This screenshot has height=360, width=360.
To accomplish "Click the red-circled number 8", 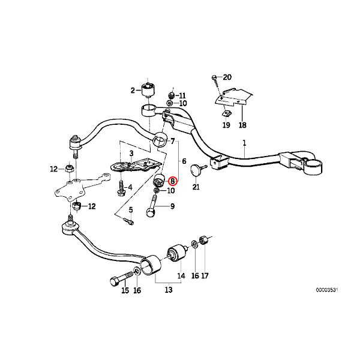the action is tap(172, 181).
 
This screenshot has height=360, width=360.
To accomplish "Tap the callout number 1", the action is tap(244, 143).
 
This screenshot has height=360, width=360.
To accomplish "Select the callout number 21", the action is tap(196, 187).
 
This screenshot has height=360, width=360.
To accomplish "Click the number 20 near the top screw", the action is tap(227, 77).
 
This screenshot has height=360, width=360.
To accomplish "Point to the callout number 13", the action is tap(168, 290).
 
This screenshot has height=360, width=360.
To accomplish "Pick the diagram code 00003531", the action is tap(327, 290).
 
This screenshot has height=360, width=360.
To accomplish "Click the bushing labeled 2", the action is tap(148, 91).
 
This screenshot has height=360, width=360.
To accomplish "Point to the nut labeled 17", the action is tap(203, 241).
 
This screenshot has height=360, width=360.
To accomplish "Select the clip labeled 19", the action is tap(226, 113).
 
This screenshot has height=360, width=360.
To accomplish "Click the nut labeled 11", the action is tap(171, 95).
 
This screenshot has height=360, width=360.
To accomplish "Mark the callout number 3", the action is tap(131, 153).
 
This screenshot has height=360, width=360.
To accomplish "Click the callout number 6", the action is tap(184, 161).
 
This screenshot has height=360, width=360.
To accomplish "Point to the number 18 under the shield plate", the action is tap(242, 125).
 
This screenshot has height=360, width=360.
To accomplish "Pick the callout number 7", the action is tap(172, 141).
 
